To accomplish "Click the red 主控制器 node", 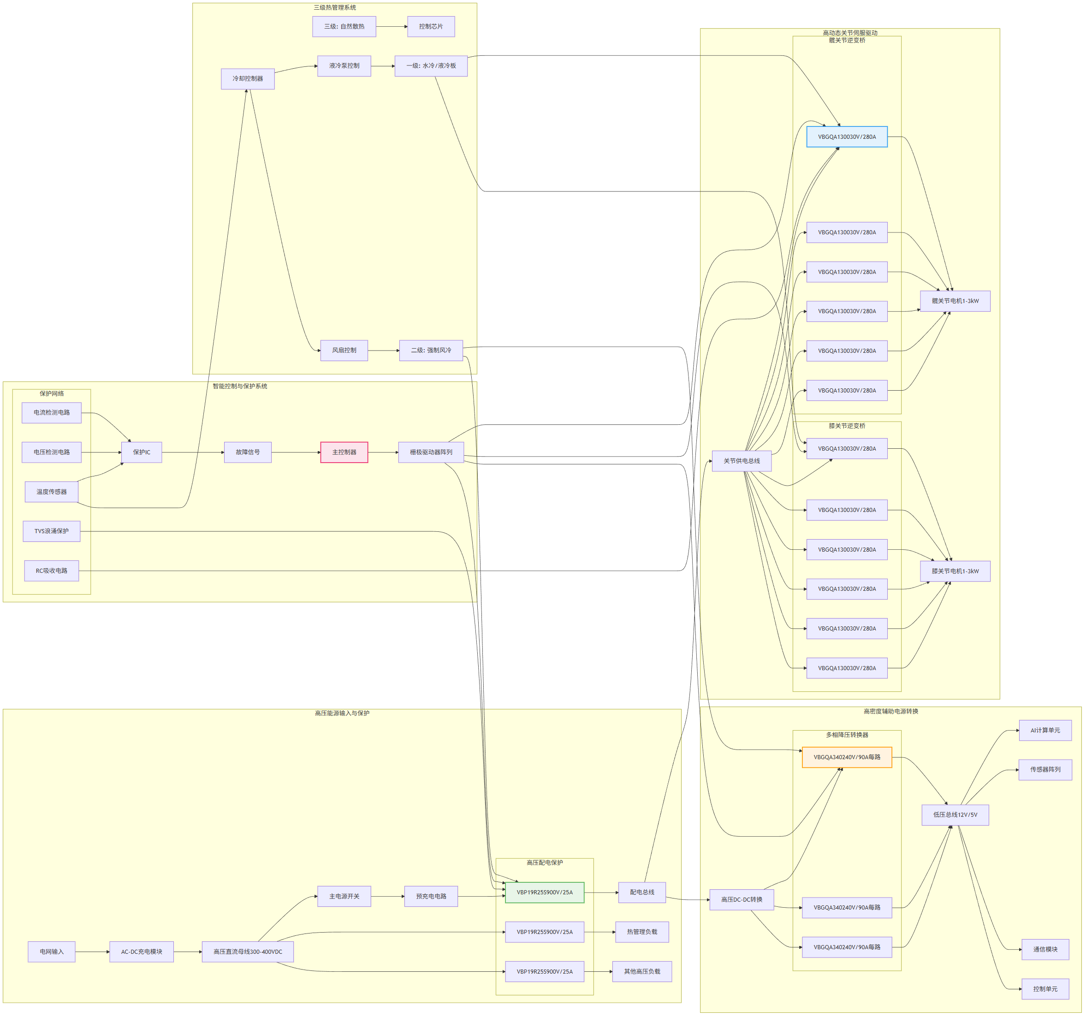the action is (x=344, y=452).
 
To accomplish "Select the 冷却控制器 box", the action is (x=248, y=78).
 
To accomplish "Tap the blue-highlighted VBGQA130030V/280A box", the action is (x=847, y=137).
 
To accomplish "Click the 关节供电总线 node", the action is (x=742, y=461).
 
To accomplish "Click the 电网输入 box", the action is (x=52, y=952).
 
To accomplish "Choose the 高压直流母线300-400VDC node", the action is (x=248, y=952).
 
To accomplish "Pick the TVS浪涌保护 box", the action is (x=52, y=531).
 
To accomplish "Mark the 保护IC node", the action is (x=142, y=452).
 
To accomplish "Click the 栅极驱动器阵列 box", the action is (x=431, y=452).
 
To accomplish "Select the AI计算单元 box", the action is (x=1045, y=730).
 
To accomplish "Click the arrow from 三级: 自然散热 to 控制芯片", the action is (x=392, y=26).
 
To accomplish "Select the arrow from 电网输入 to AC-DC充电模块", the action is (x=92, y=952).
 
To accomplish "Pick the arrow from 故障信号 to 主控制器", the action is (x=296, y=452).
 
